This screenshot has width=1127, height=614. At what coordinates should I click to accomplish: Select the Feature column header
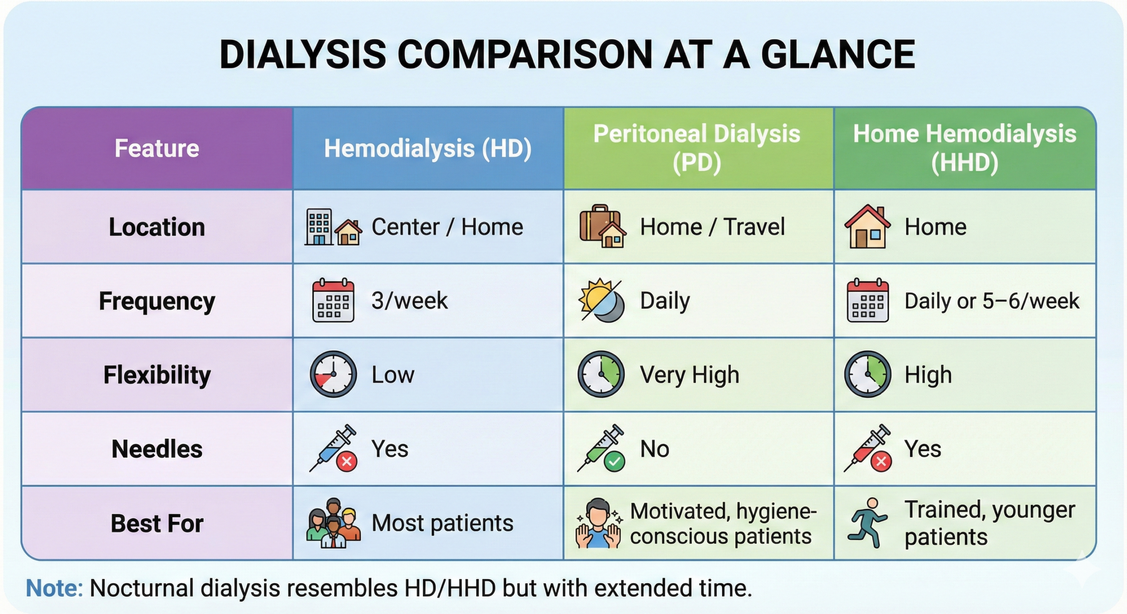157,148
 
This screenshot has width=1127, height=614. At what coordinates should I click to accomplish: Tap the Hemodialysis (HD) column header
428,148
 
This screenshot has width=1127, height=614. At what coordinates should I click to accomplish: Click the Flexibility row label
157,375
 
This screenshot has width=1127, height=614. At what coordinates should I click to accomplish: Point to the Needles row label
157,449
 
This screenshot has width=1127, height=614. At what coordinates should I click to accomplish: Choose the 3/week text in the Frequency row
409,301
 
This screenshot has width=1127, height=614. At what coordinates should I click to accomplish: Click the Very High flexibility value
689,375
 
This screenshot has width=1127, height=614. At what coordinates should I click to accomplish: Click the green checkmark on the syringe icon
615,461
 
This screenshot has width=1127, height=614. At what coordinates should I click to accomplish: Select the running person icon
867,523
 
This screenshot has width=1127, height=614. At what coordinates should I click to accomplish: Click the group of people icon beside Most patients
333,523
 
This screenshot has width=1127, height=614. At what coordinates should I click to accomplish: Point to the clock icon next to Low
333,374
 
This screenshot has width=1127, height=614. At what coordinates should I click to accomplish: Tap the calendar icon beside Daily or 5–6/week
868,300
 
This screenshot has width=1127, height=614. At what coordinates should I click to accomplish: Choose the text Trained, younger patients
990,523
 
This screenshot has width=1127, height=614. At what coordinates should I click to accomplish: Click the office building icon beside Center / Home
319,227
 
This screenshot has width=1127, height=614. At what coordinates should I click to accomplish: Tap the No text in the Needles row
655,449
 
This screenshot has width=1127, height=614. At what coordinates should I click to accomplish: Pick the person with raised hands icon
598,523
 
